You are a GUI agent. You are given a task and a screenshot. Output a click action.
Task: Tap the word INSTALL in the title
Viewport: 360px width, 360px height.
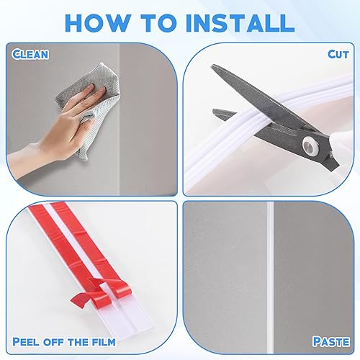coord(240,23)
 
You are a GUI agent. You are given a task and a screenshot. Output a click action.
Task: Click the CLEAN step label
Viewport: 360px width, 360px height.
coord(30,55)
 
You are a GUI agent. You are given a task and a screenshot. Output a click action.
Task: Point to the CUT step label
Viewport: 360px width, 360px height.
coord(338,55)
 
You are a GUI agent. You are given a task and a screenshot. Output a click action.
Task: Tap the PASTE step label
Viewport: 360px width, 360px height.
coord(331,341)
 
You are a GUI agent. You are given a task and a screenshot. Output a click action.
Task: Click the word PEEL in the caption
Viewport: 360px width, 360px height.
coord(26,341)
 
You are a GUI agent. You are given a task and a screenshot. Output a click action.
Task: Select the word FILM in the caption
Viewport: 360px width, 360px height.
coord(103,341)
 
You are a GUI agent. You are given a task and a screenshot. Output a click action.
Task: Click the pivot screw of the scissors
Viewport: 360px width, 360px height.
coord(309,145)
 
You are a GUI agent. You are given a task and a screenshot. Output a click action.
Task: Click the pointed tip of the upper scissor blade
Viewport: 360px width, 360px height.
coord(212,66)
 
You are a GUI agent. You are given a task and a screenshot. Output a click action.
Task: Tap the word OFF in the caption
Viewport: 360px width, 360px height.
coord(54,341)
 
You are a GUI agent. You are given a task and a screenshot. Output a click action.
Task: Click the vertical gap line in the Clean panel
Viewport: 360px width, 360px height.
coord(120,120)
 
